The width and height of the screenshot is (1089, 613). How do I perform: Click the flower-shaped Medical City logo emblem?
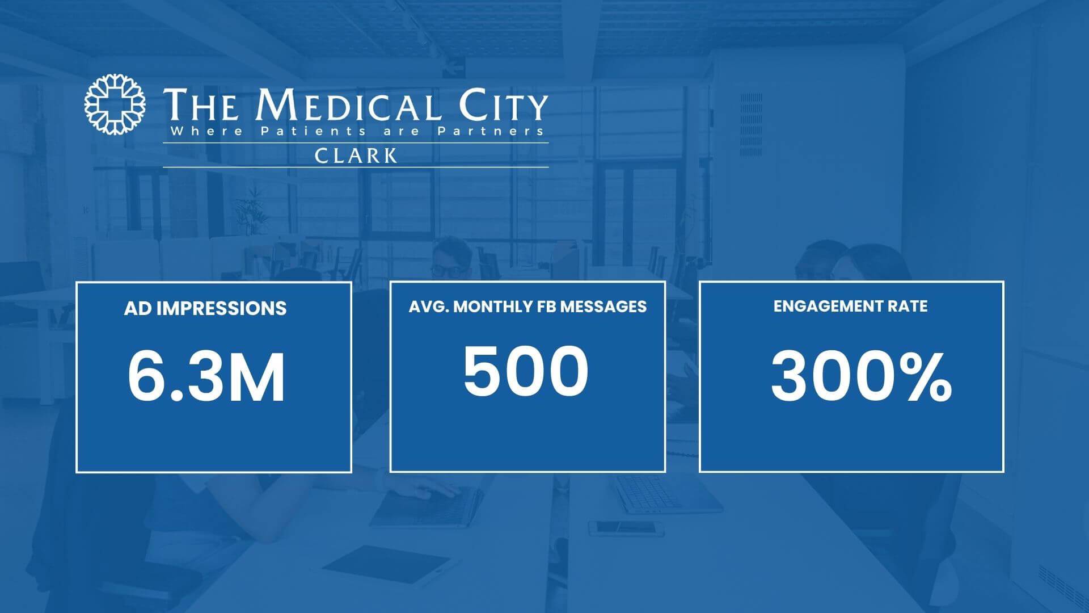tap(115, 104)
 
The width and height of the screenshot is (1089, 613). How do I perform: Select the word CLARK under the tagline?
tap(356, 156)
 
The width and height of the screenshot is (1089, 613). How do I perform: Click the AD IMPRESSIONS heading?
tap(205, 308)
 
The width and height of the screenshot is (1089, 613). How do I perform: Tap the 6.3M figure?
tap(206, 377)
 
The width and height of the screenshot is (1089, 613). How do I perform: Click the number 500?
tap(526, 370)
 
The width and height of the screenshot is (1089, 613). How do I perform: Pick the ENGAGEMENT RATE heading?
tap(851, 306)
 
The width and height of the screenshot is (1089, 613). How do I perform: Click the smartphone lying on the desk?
tap(626, 528)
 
